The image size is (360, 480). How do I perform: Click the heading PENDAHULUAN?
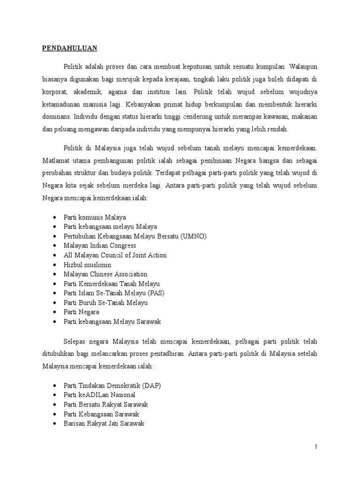70,48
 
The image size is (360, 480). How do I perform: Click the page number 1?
316,447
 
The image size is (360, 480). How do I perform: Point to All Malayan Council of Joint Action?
115,255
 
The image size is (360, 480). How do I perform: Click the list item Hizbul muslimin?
87,265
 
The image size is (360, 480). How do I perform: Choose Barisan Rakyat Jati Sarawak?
104,423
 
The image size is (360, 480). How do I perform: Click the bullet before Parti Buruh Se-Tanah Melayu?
55,303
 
